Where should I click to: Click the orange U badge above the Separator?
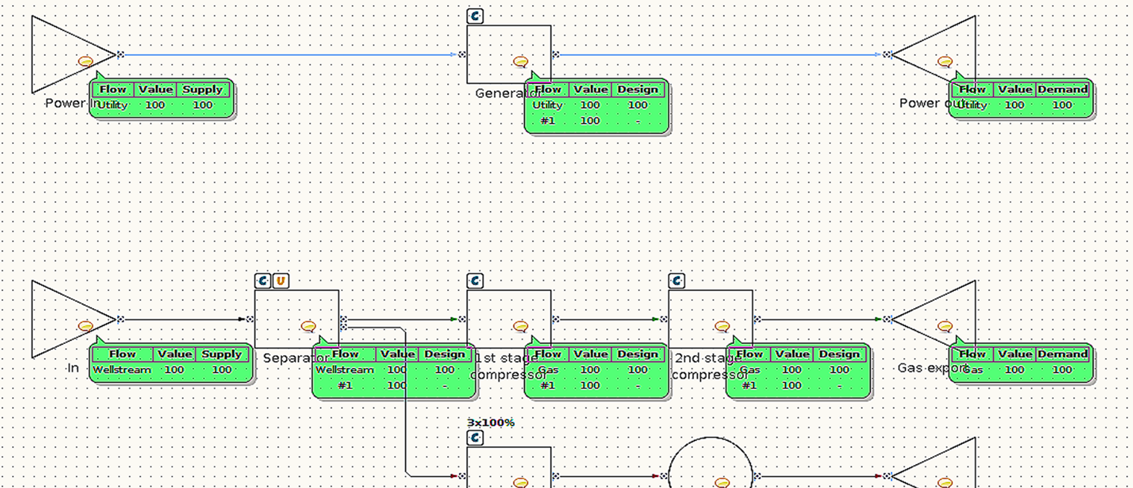pyautogui.click(x=281, y=281)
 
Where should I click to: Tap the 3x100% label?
pyautogui.click(x=490, y=423)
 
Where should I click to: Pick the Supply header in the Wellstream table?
pyautogui.click(x=222, y=354)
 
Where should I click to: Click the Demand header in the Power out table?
pyautogui.click(x=1062, y=90)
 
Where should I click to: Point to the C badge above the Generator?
pyautogui.click(x=475, y=16)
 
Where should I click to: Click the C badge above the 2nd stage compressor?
pyautogui.click(x=676, y=281)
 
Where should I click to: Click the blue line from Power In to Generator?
pyautogui.click(x=291, y=54)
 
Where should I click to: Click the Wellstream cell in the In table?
pyautogui.click(x=122, y=370)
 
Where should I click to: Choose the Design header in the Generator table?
pyautogui.click(x=637, y=90)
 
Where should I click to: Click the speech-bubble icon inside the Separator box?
pyautogui.click(x=308, y=326)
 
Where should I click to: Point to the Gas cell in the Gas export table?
pyautogui.click(x=972, y=370)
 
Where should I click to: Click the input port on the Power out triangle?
pyautogui.click(x=887, y=54)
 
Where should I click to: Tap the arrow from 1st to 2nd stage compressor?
pyautogui.click(x=608, y=319)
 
